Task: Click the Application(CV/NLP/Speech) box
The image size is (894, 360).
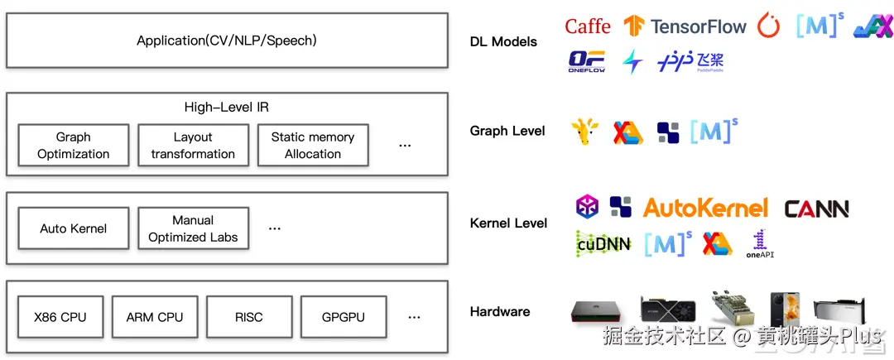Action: click(227, 40)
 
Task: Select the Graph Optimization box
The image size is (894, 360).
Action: click(74, 146)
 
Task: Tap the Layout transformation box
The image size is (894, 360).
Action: click(193, 146)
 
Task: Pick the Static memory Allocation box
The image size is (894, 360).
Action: click(313, 146)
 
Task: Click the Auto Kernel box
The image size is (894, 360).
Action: click(74, 228)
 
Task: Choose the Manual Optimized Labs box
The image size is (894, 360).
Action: click(193, 228)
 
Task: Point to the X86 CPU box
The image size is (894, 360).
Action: click(60, 317)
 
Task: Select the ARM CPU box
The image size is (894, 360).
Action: click(155, 317)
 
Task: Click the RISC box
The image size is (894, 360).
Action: click(248, 317)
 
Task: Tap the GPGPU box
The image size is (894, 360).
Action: click(343, 317)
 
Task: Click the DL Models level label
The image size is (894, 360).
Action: click(503, 41)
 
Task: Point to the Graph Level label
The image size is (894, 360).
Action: click(507, 131)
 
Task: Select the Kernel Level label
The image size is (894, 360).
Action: click(508, 223)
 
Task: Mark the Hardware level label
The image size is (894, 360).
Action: click(500, 312)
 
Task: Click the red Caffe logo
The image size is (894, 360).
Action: click(588, 26)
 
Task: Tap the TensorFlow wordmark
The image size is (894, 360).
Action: click(699, 26)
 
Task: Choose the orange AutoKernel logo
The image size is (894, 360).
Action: click(705, 208)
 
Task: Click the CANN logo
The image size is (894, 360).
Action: click(816, 209)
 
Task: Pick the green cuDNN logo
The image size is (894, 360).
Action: click(603, 243)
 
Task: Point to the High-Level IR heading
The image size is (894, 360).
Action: click(226, 108)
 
